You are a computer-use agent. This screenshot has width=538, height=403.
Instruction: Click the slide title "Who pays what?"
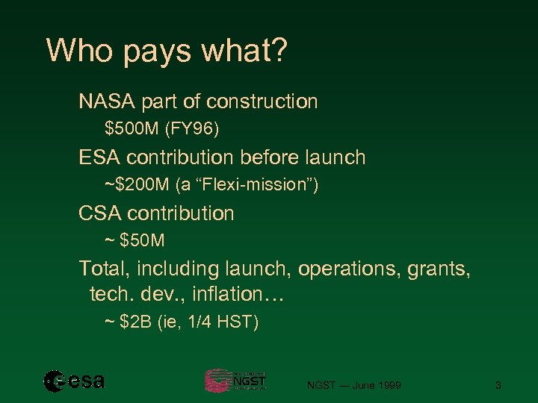tap(167, 51)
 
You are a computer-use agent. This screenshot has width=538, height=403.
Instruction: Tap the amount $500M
tap(132, 129)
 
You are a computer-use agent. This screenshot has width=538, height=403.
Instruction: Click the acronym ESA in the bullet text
tap(100, 157)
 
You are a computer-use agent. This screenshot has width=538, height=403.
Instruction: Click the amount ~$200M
tap(132, 185)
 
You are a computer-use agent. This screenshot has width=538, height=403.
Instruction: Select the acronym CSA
tap(100, 213)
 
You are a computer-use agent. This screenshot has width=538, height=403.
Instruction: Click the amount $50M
tap(143, 241)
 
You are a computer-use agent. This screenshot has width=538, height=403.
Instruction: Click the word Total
tap(104, 268)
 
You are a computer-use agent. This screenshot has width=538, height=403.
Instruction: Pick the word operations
tap(348, 268)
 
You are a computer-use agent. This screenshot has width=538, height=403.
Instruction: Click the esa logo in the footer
tap(74, 381)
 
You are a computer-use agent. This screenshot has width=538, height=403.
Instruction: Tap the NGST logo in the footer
tap(235, 381)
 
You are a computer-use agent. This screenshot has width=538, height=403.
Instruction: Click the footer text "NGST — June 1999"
tap(354, 385)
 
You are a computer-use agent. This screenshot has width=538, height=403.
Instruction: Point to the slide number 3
tap(498, 385)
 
